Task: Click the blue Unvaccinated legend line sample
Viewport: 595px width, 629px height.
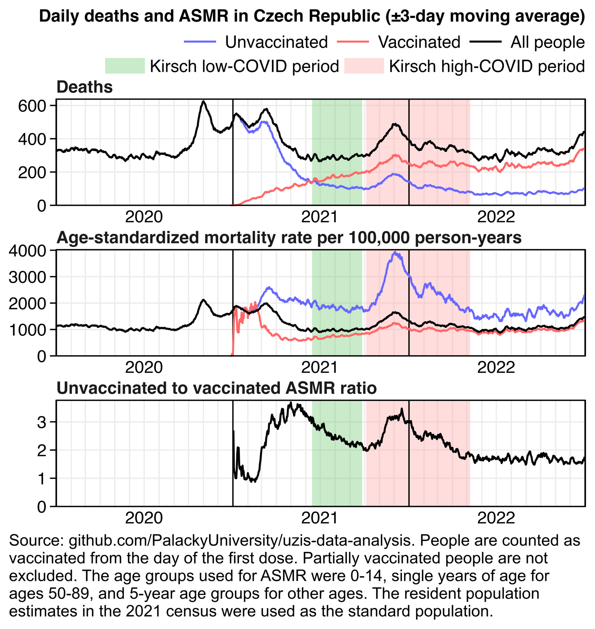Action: [200, 42]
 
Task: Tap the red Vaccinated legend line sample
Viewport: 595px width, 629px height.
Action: [352, 42]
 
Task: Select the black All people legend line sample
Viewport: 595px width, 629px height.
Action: [485, 42]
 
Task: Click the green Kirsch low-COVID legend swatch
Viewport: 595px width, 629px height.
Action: [124, 66]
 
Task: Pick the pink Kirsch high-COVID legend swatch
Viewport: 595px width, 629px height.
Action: [363, 66]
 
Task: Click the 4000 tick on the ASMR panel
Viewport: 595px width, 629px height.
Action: [27, 251]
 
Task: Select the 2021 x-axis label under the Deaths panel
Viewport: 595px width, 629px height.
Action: [319, 217]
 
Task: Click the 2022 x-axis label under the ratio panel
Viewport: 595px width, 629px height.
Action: [496, 518]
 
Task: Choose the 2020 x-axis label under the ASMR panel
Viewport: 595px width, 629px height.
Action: [144, 368]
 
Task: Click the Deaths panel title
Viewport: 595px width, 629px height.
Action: [85, 87]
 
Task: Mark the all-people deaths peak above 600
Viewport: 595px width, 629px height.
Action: [203, 101]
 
